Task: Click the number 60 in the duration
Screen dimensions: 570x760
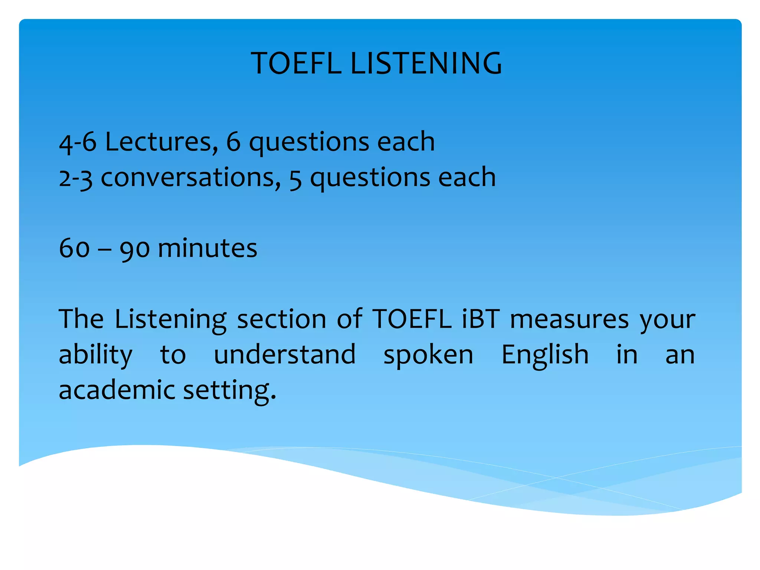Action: tap(74, 248)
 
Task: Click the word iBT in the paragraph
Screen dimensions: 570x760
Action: tap(481, 319)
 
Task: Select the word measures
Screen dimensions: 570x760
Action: tap(569, 319)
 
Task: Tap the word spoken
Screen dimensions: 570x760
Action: tap(428, 355)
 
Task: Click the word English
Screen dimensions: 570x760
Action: tap(545, 355)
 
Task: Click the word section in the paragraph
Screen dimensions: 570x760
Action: tap(282, 319)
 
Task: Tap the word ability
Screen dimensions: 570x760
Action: tap(95, 355)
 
